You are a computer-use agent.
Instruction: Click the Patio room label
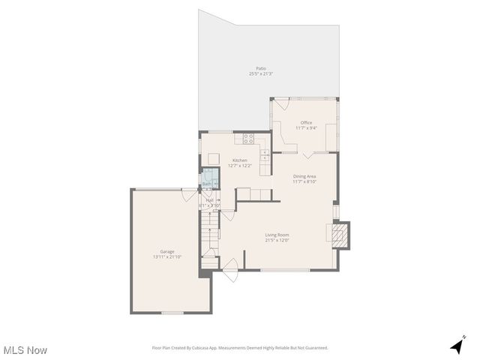coord(261,68)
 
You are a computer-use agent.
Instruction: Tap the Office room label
coord(306,122)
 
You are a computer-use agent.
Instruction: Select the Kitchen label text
coord(239,160)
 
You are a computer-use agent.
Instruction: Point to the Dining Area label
coord(304,176)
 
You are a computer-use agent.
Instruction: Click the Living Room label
coord(277,235)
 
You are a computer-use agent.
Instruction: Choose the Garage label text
coord(166,251)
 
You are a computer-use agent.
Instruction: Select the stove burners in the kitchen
coord(248,138)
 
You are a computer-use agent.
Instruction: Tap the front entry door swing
coord(231,266)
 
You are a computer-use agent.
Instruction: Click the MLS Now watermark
coord(25,350)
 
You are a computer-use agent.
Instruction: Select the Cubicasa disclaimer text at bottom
coord(240,348)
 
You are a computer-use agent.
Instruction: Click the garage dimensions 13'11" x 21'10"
coord(166,257)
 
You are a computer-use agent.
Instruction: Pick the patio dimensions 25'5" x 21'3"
coord(261,73)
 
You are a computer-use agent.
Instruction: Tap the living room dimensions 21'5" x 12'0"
coord(277,241)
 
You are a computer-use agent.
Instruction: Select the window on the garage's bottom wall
coord(172,313)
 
